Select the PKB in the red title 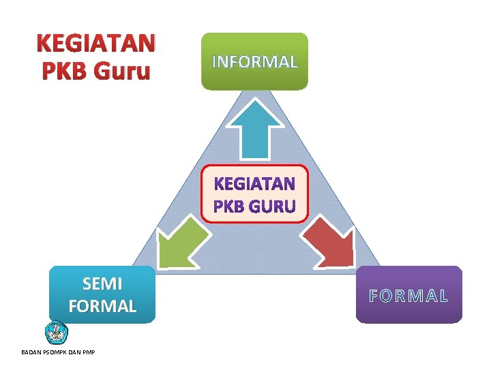tap(65, 71)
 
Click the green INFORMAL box tap(254, 61)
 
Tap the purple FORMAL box tap(408, 294)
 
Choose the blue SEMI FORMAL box tap(102, 294)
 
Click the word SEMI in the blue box tap(102, 283)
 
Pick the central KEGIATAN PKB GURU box tap(254, 194)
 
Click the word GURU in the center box tap(273, 205)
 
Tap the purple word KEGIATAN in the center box tap(254, 184)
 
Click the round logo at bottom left tap(55, 333)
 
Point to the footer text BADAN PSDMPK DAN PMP tap(58, 352)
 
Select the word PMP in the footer tap(87, 352)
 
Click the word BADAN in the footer tap(31, 352)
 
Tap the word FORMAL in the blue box tap(102, 306)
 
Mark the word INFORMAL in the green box tap(254, 62)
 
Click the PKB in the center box tap(230, 205)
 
